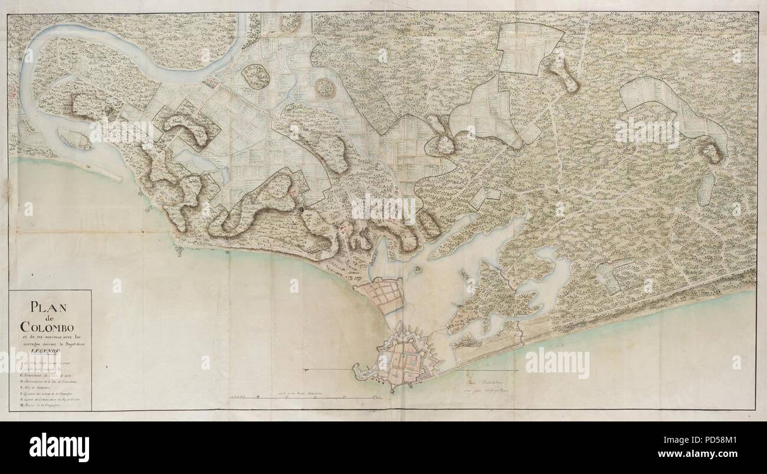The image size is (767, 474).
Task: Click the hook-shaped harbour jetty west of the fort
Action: (x=361, y=371)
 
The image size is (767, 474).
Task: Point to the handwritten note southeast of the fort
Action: (x=481, y=391)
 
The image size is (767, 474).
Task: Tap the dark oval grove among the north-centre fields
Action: (x=324, y=89)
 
